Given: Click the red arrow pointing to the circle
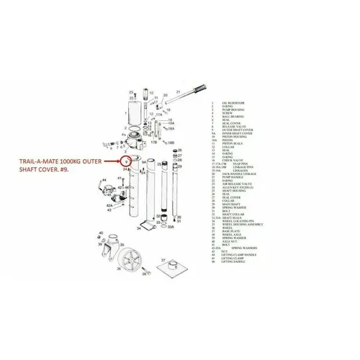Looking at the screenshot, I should click(x=111, y=162).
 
